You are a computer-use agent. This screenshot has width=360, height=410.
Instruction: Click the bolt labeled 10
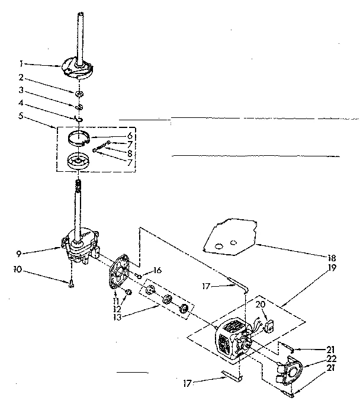[x=70, y=284]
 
